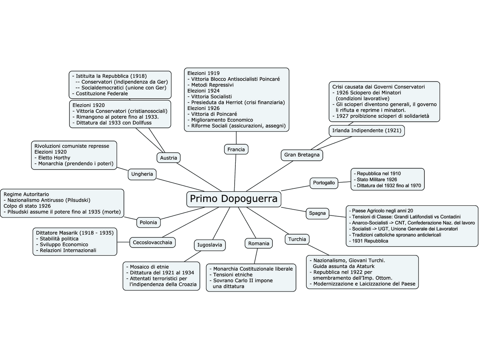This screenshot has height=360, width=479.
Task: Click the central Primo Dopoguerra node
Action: pyautogui.click(x=234, y=199)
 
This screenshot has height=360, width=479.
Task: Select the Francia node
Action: pyautogui.click(x=236, y=150)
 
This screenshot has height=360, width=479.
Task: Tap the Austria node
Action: pyautogui.click(x=168, y=158)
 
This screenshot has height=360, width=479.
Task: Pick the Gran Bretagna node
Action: pyautogui.click(x=302, y=155)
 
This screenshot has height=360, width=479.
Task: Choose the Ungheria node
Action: pyautogui.click(x=142, y=174)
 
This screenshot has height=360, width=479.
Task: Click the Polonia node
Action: pyautogui.click(x=148, y=222)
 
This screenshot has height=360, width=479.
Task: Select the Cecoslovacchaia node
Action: pyautogui.click(x=152, y=242)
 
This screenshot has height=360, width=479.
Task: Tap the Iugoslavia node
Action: pyautogui.click(x=210, y=245)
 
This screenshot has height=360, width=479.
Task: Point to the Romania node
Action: pyautogui.click(x=259, y=243)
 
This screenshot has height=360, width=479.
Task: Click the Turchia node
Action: pyautogui.click(x=297, y=239)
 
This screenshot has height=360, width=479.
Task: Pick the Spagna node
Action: pyautogui.click(x=317, y=213)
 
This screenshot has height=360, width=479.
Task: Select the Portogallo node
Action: pyautogui.click(x=324, y=183)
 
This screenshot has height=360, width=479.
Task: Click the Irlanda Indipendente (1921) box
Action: pyautogui.click(x=367, y=130)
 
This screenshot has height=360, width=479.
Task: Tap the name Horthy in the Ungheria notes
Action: pyautogui.click(x=62, y=158)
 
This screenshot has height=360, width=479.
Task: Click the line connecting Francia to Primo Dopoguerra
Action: pyautogui.click(x=235, y=172)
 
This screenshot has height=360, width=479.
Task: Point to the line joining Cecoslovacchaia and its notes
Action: pyautogui.click(x=123, y=242)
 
